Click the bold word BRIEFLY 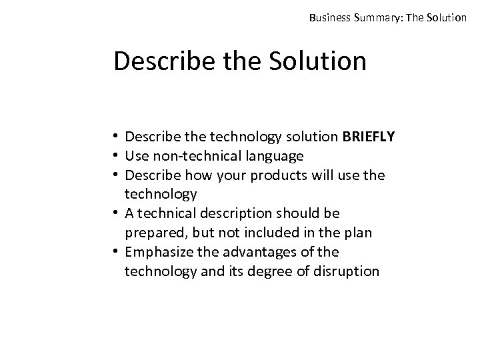point(369,137)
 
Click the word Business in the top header point(330,17)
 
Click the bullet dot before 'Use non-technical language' point(117,157)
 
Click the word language point(277,156)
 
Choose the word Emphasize point(157,252)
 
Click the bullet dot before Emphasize point(117,252)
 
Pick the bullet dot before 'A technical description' point(117,214)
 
